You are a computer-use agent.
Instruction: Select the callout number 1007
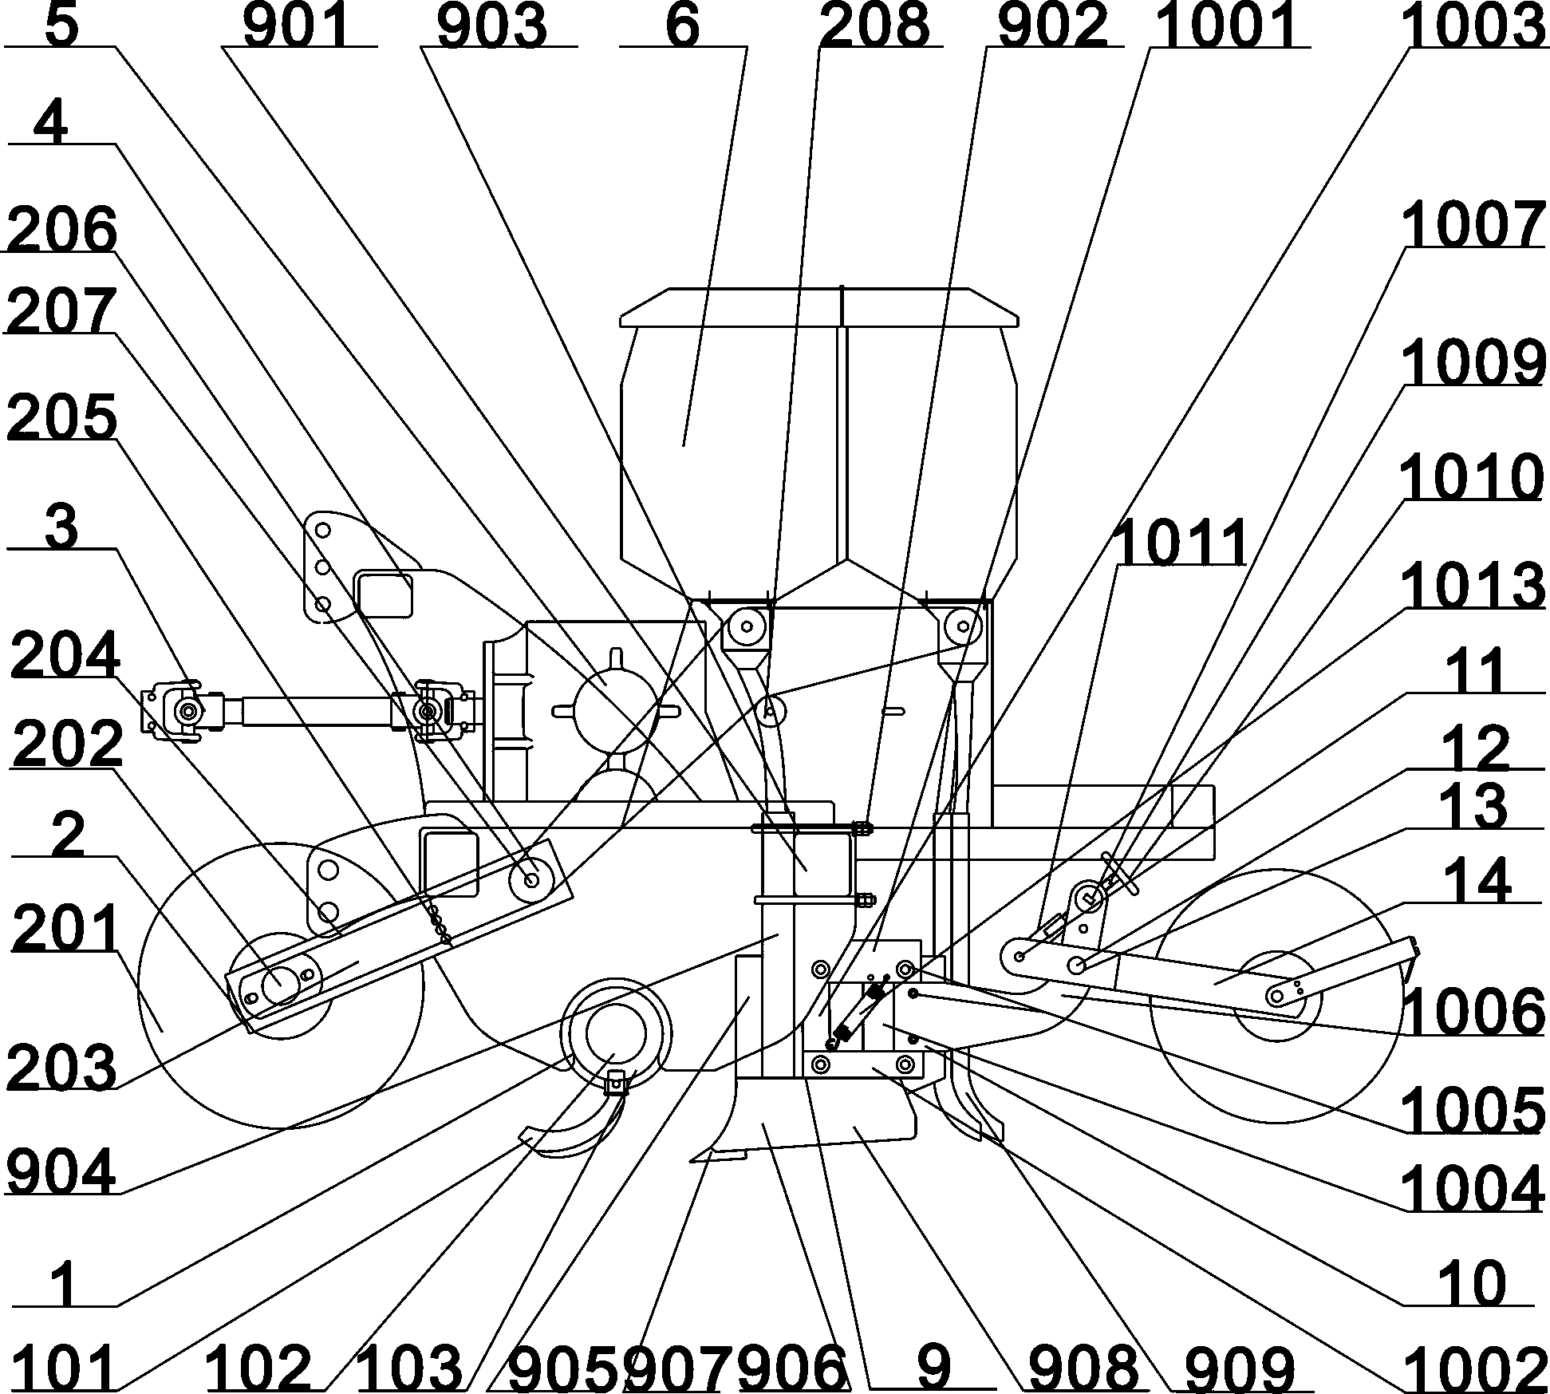[x=1473, y=226]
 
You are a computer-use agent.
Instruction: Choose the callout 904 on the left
[x=61, y=1171]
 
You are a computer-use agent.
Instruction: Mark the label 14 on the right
[x=1480, y=880]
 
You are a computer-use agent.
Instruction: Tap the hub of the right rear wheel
[x=1277, y=995]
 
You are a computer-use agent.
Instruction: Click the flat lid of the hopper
[x=819, y=308]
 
